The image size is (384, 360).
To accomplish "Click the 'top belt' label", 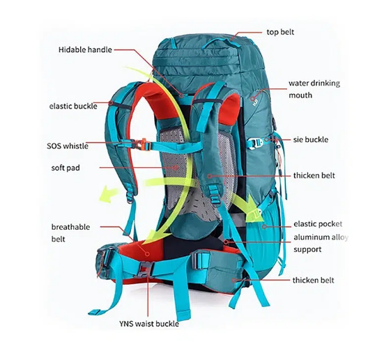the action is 280,32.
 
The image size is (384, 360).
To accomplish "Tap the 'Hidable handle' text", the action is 85,49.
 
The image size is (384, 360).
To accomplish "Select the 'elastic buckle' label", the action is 73,107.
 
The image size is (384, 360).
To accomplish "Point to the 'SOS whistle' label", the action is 68,146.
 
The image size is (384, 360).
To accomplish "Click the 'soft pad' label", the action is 66,168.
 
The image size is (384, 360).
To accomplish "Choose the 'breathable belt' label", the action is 70,233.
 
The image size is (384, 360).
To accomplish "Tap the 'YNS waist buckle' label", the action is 149,324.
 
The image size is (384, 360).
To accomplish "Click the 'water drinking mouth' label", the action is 314,89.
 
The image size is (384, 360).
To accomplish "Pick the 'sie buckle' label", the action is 311,139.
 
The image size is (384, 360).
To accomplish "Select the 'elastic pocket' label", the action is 318,224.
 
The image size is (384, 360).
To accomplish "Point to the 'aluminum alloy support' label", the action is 321,243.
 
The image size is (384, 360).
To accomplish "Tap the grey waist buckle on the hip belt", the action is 146,269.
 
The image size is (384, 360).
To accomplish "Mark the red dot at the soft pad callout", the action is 176,168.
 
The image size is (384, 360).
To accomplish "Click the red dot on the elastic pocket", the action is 264,226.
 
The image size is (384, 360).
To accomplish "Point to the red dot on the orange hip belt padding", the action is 147,253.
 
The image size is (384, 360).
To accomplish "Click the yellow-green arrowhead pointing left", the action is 107,194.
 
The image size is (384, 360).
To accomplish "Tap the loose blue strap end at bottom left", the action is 95,312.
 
